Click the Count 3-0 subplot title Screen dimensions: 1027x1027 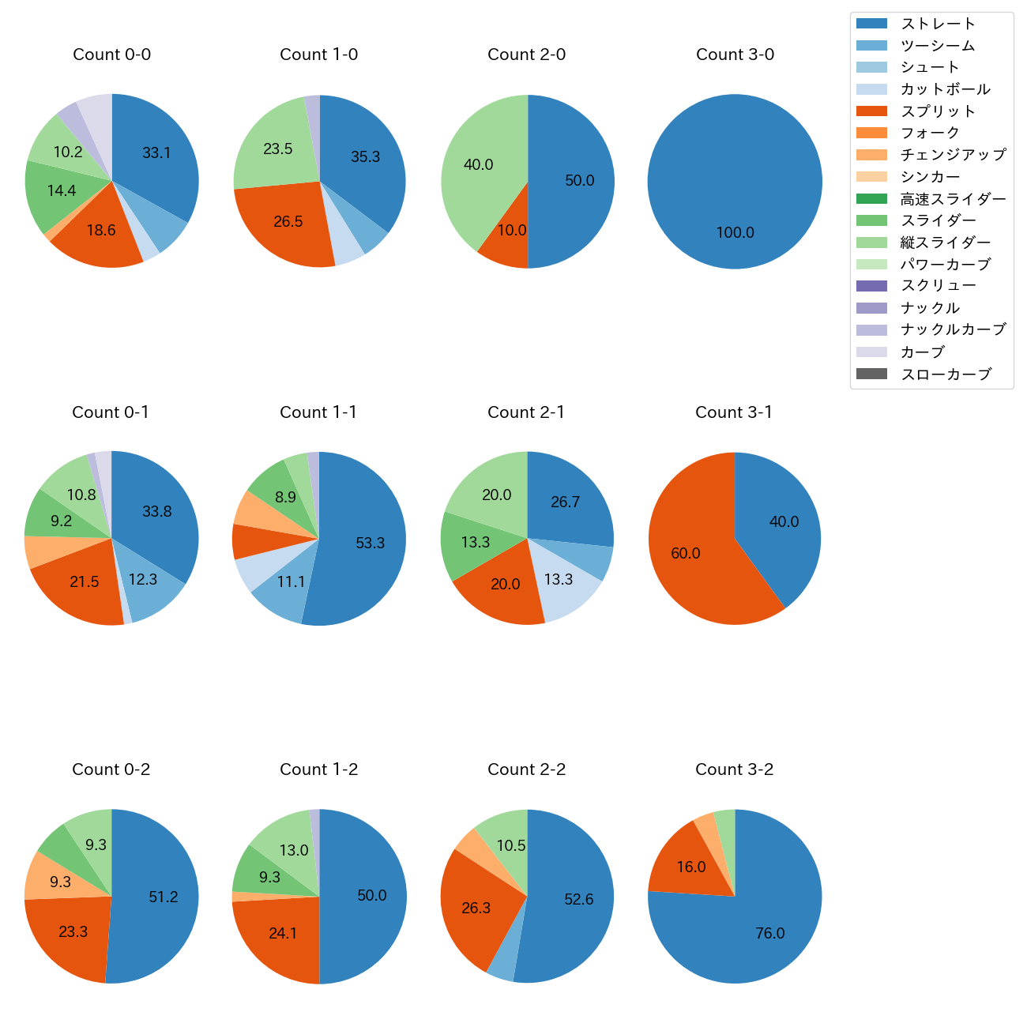(735, 55)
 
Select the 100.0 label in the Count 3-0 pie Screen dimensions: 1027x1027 (735, 233)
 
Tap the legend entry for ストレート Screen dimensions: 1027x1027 (938, 24)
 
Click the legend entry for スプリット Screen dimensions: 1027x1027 (938, 111)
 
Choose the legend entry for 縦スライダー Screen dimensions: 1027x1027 (945, 243)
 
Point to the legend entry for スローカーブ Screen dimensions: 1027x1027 (945, 374)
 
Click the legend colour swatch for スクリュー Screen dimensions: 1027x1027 (871, 286)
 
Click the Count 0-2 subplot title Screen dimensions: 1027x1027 (111, 769)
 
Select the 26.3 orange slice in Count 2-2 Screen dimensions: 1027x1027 (476, 908)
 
